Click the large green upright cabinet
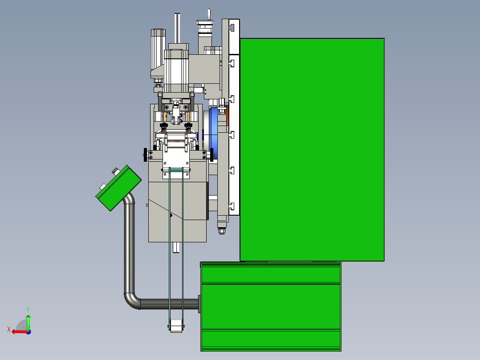click(312, 150)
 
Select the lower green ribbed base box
click(271, 307)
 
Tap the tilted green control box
click(118, 188)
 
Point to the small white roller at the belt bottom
click(176, 326)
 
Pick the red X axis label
click(9, 329)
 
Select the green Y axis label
click(28, 310)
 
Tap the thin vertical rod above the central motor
click(177, 28)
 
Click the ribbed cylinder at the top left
click(158, 49)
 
